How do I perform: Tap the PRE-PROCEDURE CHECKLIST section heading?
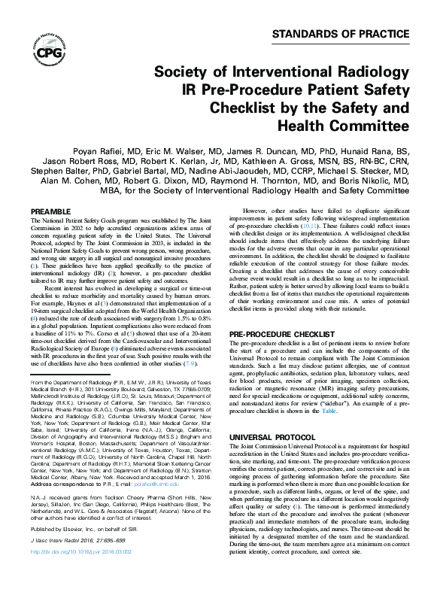[290, 332]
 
